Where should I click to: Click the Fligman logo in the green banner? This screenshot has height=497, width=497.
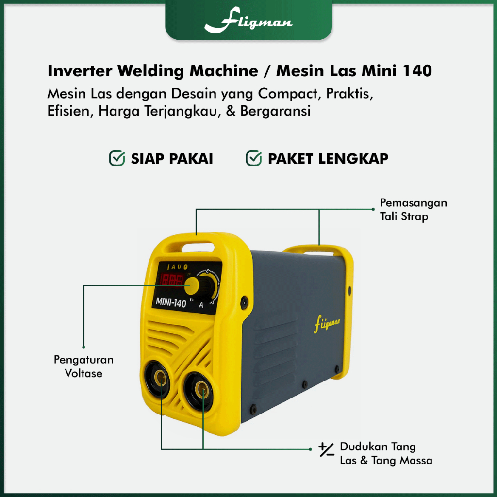[x=248, y=21]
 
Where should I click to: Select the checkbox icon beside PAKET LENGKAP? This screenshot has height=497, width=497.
[x=254, y=158]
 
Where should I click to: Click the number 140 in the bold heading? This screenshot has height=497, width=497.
[x=417, y=71]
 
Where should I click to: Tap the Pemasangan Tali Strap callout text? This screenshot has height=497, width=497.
[x=413, y=209]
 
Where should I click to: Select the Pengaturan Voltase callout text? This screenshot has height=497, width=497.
[x=83, y=366]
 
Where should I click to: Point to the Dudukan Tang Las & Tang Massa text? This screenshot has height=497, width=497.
[x=386, y=453]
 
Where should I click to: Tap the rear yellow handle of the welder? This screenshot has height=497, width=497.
[x=318, y=250]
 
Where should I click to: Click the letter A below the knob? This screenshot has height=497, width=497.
[x=201, y=305]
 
